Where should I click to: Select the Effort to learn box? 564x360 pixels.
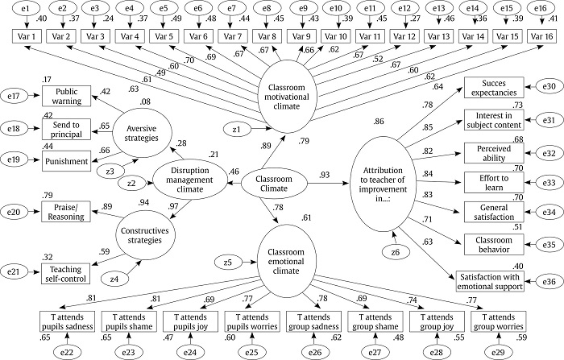[494, 183]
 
